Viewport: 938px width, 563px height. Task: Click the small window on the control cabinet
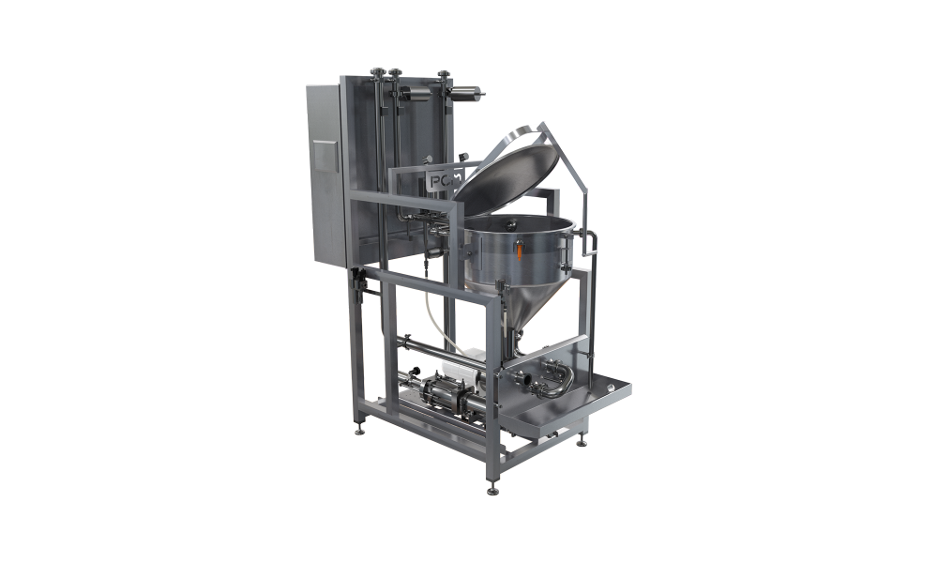[325, 155]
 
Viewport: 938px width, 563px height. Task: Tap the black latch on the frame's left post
[357, 278]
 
